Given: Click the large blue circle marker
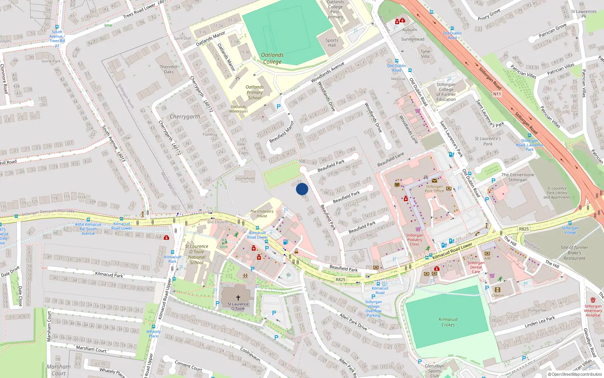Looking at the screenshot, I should pyautogui.click(x=302, y=189).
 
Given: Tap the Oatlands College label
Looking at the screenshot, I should pyautogui.click(x=272, y=58).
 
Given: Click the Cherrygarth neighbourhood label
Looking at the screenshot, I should pyautogui.click(x=185, y=116).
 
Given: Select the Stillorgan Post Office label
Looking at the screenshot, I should pyautogui.click(x=434, y=189).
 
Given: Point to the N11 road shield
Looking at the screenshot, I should pyautogui.click(x=497, y=94).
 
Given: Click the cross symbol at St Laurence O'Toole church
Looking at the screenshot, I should pyautogui.click(x=238, y=298).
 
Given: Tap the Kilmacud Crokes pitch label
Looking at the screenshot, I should pyautogui.click(x=448, y=322).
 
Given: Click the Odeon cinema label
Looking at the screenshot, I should pyautogui.click(x=497, y=295).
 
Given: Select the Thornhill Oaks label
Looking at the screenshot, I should pyautogui.click(x=169, y=69).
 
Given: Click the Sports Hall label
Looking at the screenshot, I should pyautogui.click(x=332, y=43).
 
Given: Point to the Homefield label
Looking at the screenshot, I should pyautogui.click(x=245, y=178).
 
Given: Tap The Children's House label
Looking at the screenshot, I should pyautogui.click(x=262, y=214).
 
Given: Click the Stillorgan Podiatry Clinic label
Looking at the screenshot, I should pyautogui.click(x=414, y=240).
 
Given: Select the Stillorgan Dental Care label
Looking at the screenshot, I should pyautogui.click(x=476, y=267).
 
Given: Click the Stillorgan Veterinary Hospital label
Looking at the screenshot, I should pyautogui.click(x=593, y=310).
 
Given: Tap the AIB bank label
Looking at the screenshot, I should pyautogui.click(x=487, y=258).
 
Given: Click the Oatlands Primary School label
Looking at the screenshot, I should pyautogui.click(x=255, y=92).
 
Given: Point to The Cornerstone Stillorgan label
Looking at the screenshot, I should pyautogui.click(x=518, y=177).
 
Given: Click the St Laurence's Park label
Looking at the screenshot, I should pyautogui.click(x=488, y=141).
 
